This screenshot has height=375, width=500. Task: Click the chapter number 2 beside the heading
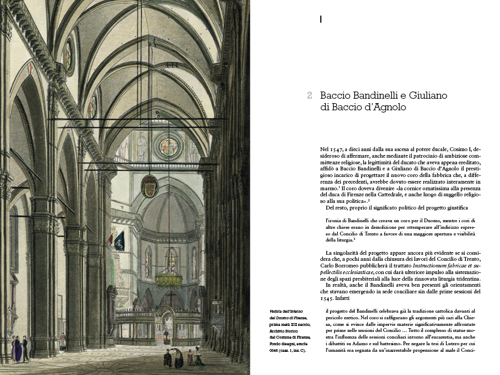[310, 95]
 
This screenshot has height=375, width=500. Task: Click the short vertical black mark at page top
[320, 20]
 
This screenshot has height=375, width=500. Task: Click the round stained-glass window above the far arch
[168, 147]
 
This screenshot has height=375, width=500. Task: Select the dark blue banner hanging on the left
[119, 240]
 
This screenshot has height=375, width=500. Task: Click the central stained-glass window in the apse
[171, 260]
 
